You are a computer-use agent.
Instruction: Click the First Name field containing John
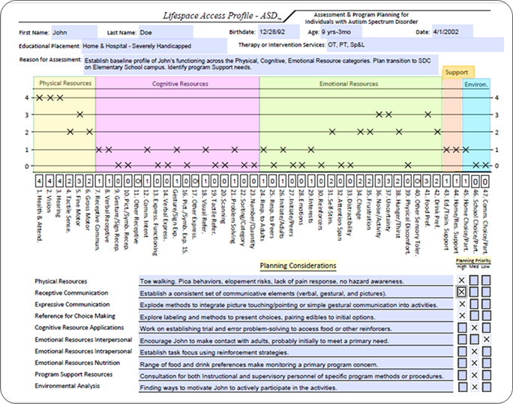click(73, 32)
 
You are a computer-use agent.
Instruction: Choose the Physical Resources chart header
click(60, 84)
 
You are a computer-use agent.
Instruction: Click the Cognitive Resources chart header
click(180, 84)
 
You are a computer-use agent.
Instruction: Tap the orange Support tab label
click(457, 73)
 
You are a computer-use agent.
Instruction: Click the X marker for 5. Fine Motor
click(79, 115)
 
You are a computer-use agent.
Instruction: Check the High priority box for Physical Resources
click(462, 280)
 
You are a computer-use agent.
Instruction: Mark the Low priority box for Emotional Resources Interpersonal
click(487, 340)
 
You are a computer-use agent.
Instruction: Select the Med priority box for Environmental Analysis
click(474, 388)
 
